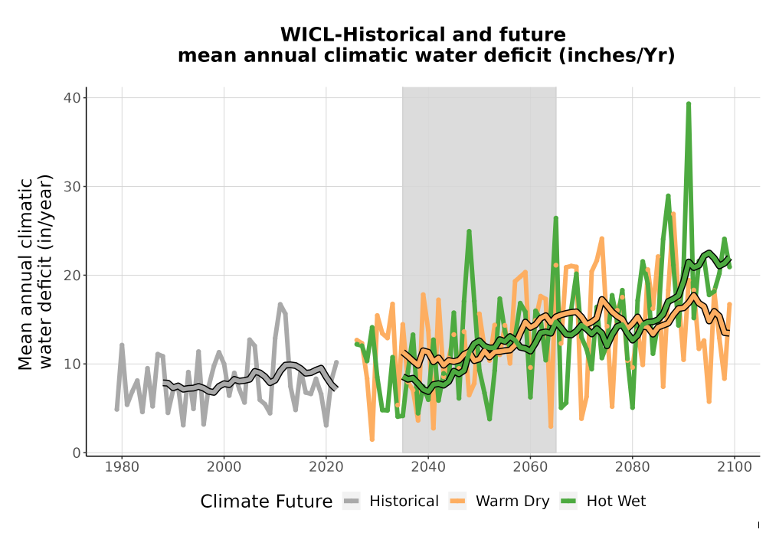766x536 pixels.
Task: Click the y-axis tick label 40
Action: (x=72, y=98)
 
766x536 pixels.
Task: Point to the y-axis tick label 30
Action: (x=72, y=187)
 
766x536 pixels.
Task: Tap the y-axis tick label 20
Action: (x=72, y=276)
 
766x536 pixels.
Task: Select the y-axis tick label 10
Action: (x=72, y=364)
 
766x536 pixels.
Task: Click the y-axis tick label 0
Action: (x=77, y=453)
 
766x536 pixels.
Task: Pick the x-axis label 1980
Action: (x=122, y=467)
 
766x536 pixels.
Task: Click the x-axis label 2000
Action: (x=224, y=467)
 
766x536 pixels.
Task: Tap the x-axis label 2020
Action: (x=326, y=467)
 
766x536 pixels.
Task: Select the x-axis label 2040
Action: (x=428, y=467)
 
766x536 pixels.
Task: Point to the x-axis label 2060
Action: (x=531, y=467)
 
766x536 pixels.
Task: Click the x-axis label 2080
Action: (x=632, y=467)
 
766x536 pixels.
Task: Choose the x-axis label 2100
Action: (x=735, y=467)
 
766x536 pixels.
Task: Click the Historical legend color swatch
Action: (x=352, y=502)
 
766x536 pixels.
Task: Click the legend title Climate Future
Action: (x=267, y=502)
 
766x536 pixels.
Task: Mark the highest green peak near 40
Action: (x=689, y=104)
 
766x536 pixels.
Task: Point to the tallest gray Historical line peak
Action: (x=280, y=305)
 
